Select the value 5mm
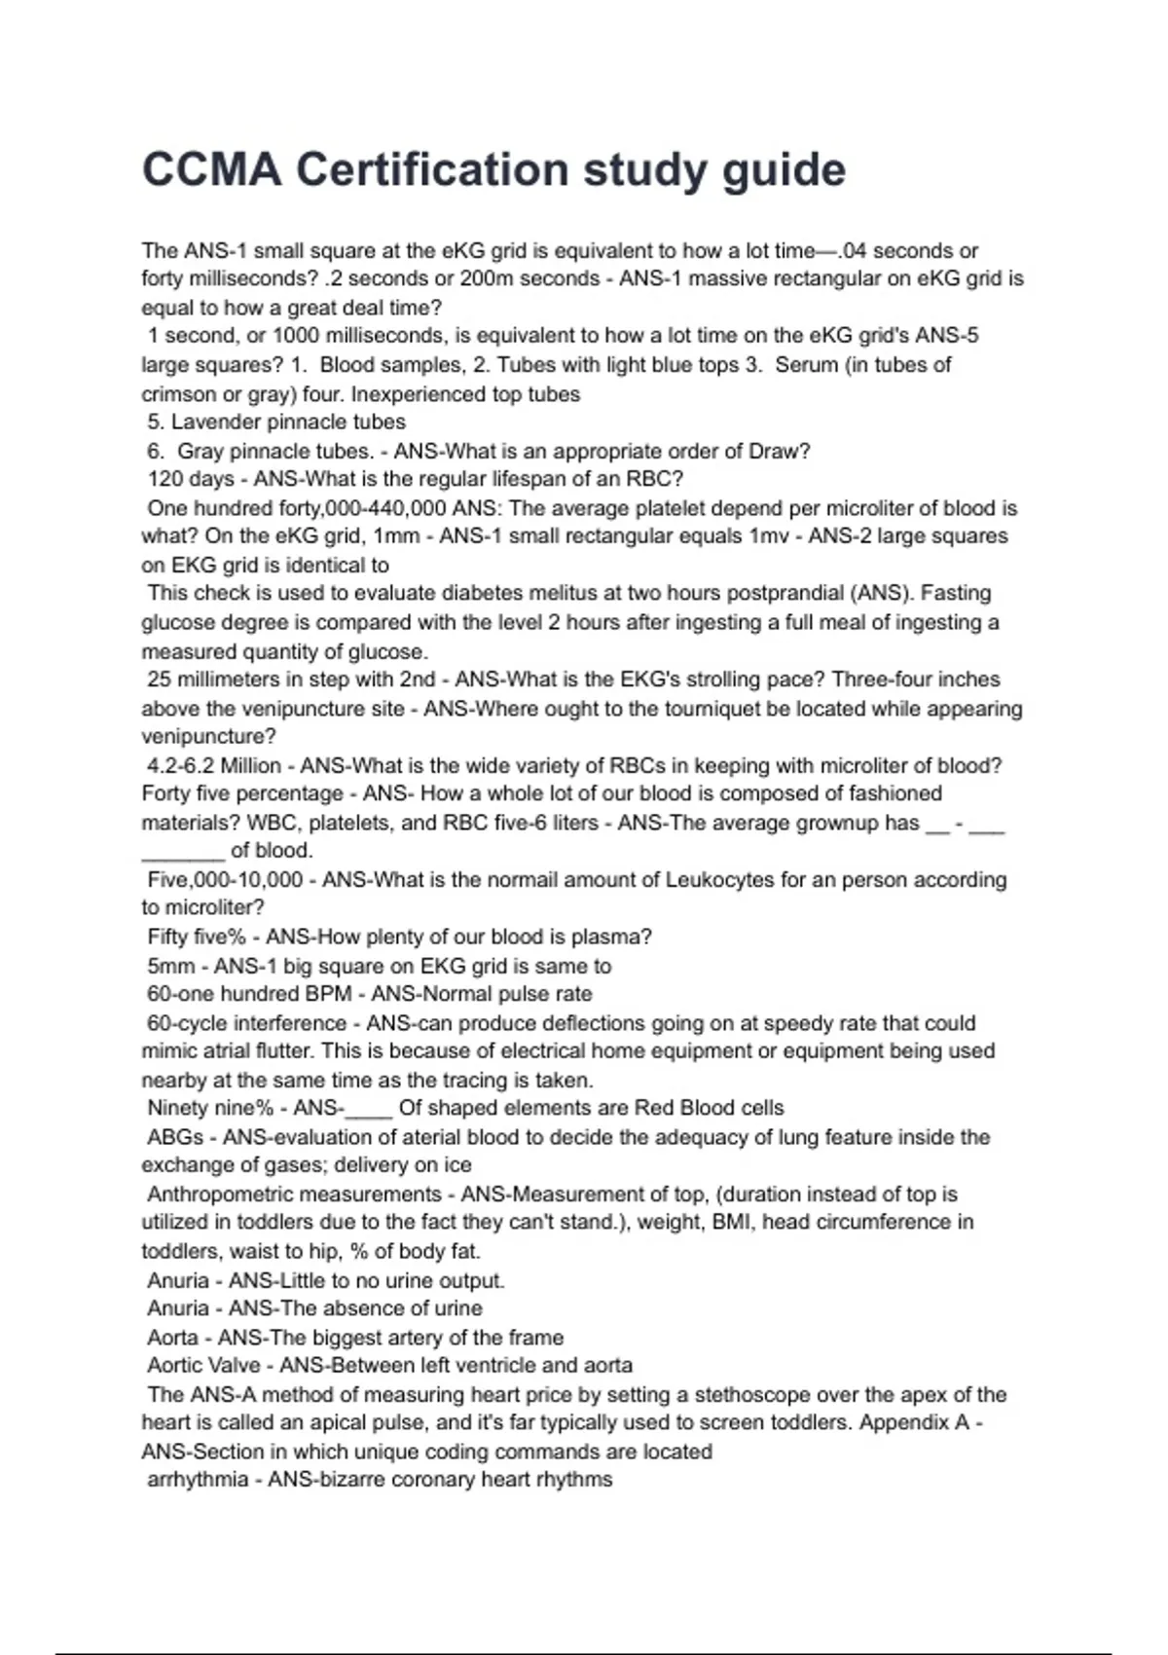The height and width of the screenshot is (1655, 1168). coord(170,966)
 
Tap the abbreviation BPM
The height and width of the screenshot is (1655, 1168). coord(331,994)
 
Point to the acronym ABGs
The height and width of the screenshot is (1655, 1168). coord(175,1137)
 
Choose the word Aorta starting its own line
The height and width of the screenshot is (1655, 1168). coord(172,1338)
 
